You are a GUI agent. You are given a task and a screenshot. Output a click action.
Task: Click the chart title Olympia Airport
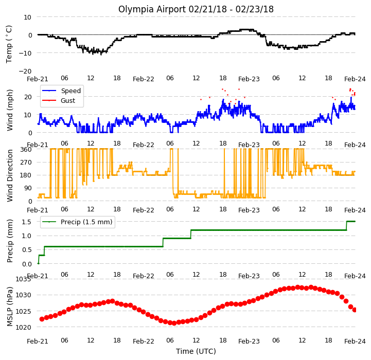(x=152, y=9)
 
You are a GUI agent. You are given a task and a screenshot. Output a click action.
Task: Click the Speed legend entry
(x=62, y=91)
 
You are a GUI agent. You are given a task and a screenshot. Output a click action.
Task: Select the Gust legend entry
(x=59, y=100)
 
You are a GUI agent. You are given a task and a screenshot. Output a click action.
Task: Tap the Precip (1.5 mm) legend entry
(x=77, y=222)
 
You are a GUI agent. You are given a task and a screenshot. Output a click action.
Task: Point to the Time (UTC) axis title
(x=196, y=351)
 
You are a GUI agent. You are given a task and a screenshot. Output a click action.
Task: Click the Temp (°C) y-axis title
(x=9, y=44)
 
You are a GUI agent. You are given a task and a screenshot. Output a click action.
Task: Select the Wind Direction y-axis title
(x=10, y=175)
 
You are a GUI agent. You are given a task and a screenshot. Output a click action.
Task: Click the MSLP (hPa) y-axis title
(x=10, y=307)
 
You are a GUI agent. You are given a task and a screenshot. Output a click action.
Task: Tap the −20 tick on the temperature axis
(x=25, y=71)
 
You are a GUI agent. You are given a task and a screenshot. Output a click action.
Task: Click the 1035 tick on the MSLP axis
(x=23, y=279)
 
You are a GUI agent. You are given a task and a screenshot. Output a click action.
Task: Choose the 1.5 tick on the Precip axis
(x=27, y=222)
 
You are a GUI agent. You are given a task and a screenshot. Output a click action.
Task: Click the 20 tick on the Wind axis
(x=28, y=97)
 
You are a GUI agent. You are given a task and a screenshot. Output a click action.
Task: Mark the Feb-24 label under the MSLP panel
(x=355, y=341)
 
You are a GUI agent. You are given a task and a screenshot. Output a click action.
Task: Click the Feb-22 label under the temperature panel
(x=144, y=79)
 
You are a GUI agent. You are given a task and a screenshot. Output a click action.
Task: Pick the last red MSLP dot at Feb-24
(x=355, y=310)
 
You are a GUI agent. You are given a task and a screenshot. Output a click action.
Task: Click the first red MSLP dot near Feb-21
(x=42, y=319)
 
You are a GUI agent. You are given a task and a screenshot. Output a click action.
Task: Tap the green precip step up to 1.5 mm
(x=347, y=226)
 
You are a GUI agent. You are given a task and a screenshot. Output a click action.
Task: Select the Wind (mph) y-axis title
(x=10, y=110)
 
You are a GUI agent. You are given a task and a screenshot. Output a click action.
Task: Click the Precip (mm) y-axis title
(x=10, y=241)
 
